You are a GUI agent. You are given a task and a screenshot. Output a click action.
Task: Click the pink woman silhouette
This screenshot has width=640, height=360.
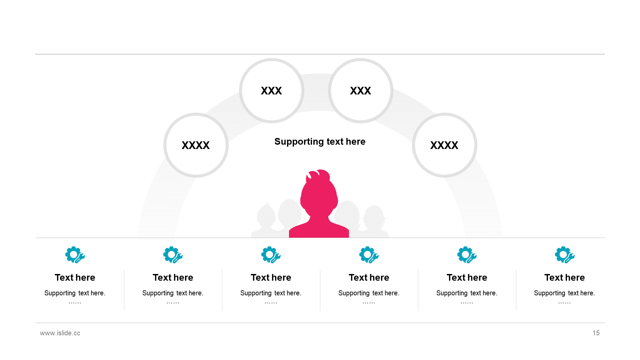coord(319,204)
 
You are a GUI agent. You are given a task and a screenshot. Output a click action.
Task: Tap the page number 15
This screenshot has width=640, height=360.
coord(596,333)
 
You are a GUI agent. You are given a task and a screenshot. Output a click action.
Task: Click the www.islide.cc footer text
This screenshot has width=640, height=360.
coord(60,333)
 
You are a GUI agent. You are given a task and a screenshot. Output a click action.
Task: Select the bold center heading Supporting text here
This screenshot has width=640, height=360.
coord(320,142)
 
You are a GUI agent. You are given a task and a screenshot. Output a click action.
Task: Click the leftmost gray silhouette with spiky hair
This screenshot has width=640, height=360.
coord(266,220)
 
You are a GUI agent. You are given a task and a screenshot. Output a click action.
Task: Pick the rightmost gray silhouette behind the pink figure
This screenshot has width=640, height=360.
coord(374,221)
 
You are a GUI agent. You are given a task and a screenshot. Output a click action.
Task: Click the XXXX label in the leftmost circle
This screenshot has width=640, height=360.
coord(196,145)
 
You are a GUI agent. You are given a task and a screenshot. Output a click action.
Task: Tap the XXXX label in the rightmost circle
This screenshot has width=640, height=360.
coord(444,145)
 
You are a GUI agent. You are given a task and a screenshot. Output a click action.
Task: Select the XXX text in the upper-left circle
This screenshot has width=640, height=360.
coord(271,91)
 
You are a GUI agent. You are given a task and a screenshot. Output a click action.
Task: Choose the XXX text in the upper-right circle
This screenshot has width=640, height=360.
coord(360,91)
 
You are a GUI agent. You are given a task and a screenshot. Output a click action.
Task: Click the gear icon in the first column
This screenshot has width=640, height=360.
coord(75,255)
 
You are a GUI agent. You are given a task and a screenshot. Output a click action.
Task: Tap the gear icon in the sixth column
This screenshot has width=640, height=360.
coord(565,255)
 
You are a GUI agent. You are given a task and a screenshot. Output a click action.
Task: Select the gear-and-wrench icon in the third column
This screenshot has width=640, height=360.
coord(271,255)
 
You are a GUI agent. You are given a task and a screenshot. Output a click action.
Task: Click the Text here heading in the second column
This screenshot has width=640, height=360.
coord(173,278)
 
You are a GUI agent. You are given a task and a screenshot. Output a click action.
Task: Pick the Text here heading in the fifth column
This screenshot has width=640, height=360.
coord(467,278)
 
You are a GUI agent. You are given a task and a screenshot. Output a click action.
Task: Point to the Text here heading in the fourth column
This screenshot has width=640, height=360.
coord(369,278)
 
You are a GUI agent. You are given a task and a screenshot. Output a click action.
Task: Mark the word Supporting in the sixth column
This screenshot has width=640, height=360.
coord(550,293)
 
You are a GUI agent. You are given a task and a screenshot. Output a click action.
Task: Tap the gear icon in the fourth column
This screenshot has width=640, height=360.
coord(369,255)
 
